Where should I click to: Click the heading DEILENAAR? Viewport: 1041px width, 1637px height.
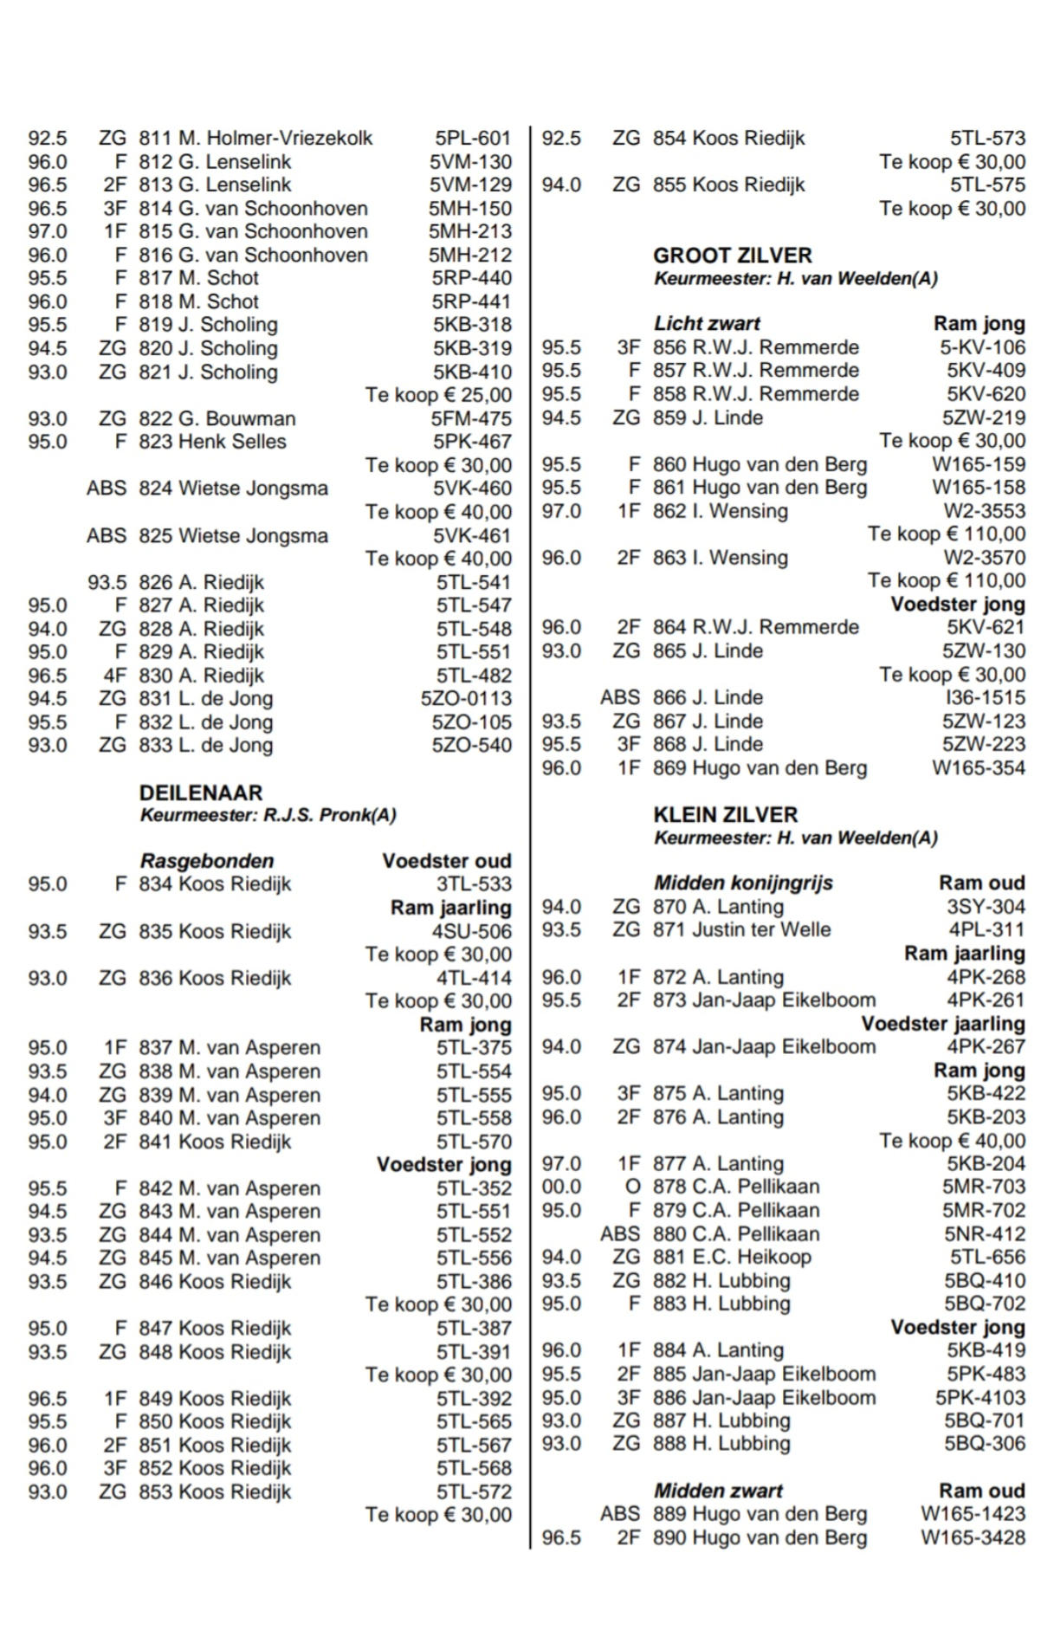200,792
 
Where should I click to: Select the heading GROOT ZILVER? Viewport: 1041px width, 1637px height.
733,256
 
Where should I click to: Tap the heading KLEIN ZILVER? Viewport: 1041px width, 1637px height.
726,814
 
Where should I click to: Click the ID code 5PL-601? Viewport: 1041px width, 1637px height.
473,139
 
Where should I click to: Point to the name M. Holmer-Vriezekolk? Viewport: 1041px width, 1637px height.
275,139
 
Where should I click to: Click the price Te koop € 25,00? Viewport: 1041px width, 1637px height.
438,395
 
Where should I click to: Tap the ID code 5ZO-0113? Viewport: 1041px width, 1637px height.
466,698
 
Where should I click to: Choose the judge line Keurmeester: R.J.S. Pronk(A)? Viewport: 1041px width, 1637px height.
268,815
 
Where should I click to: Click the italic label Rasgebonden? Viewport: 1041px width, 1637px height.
207,861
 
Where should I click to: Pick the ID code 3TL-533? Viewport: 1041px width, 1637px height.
474,884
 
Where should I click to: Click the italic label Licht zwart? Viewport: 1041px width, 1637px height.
707,324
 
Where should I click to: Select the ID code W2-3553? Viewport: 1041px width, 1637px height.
984,511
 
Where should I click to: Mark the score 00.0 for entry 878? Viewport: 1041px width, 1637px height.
561,1187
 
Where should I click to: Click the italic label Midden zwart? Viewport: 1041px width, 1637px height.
718,1491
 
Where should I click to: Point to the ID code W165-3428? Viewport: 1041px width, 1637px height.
973,1537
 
